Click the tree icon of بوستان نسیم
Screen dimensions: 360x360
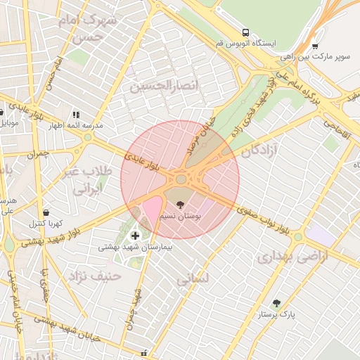pyautogui.click(x=181, y=204)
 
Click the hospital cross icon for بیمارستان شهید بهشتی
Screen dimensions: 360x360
pyautogui.click(x=135, y=235)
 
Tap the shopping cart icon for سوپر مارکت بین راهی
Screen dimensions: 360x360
pyautogui.click(x=315, y=46)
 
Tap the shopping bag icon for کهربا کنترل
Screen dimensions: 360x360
pyautogui.click(x=46, y=212)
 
